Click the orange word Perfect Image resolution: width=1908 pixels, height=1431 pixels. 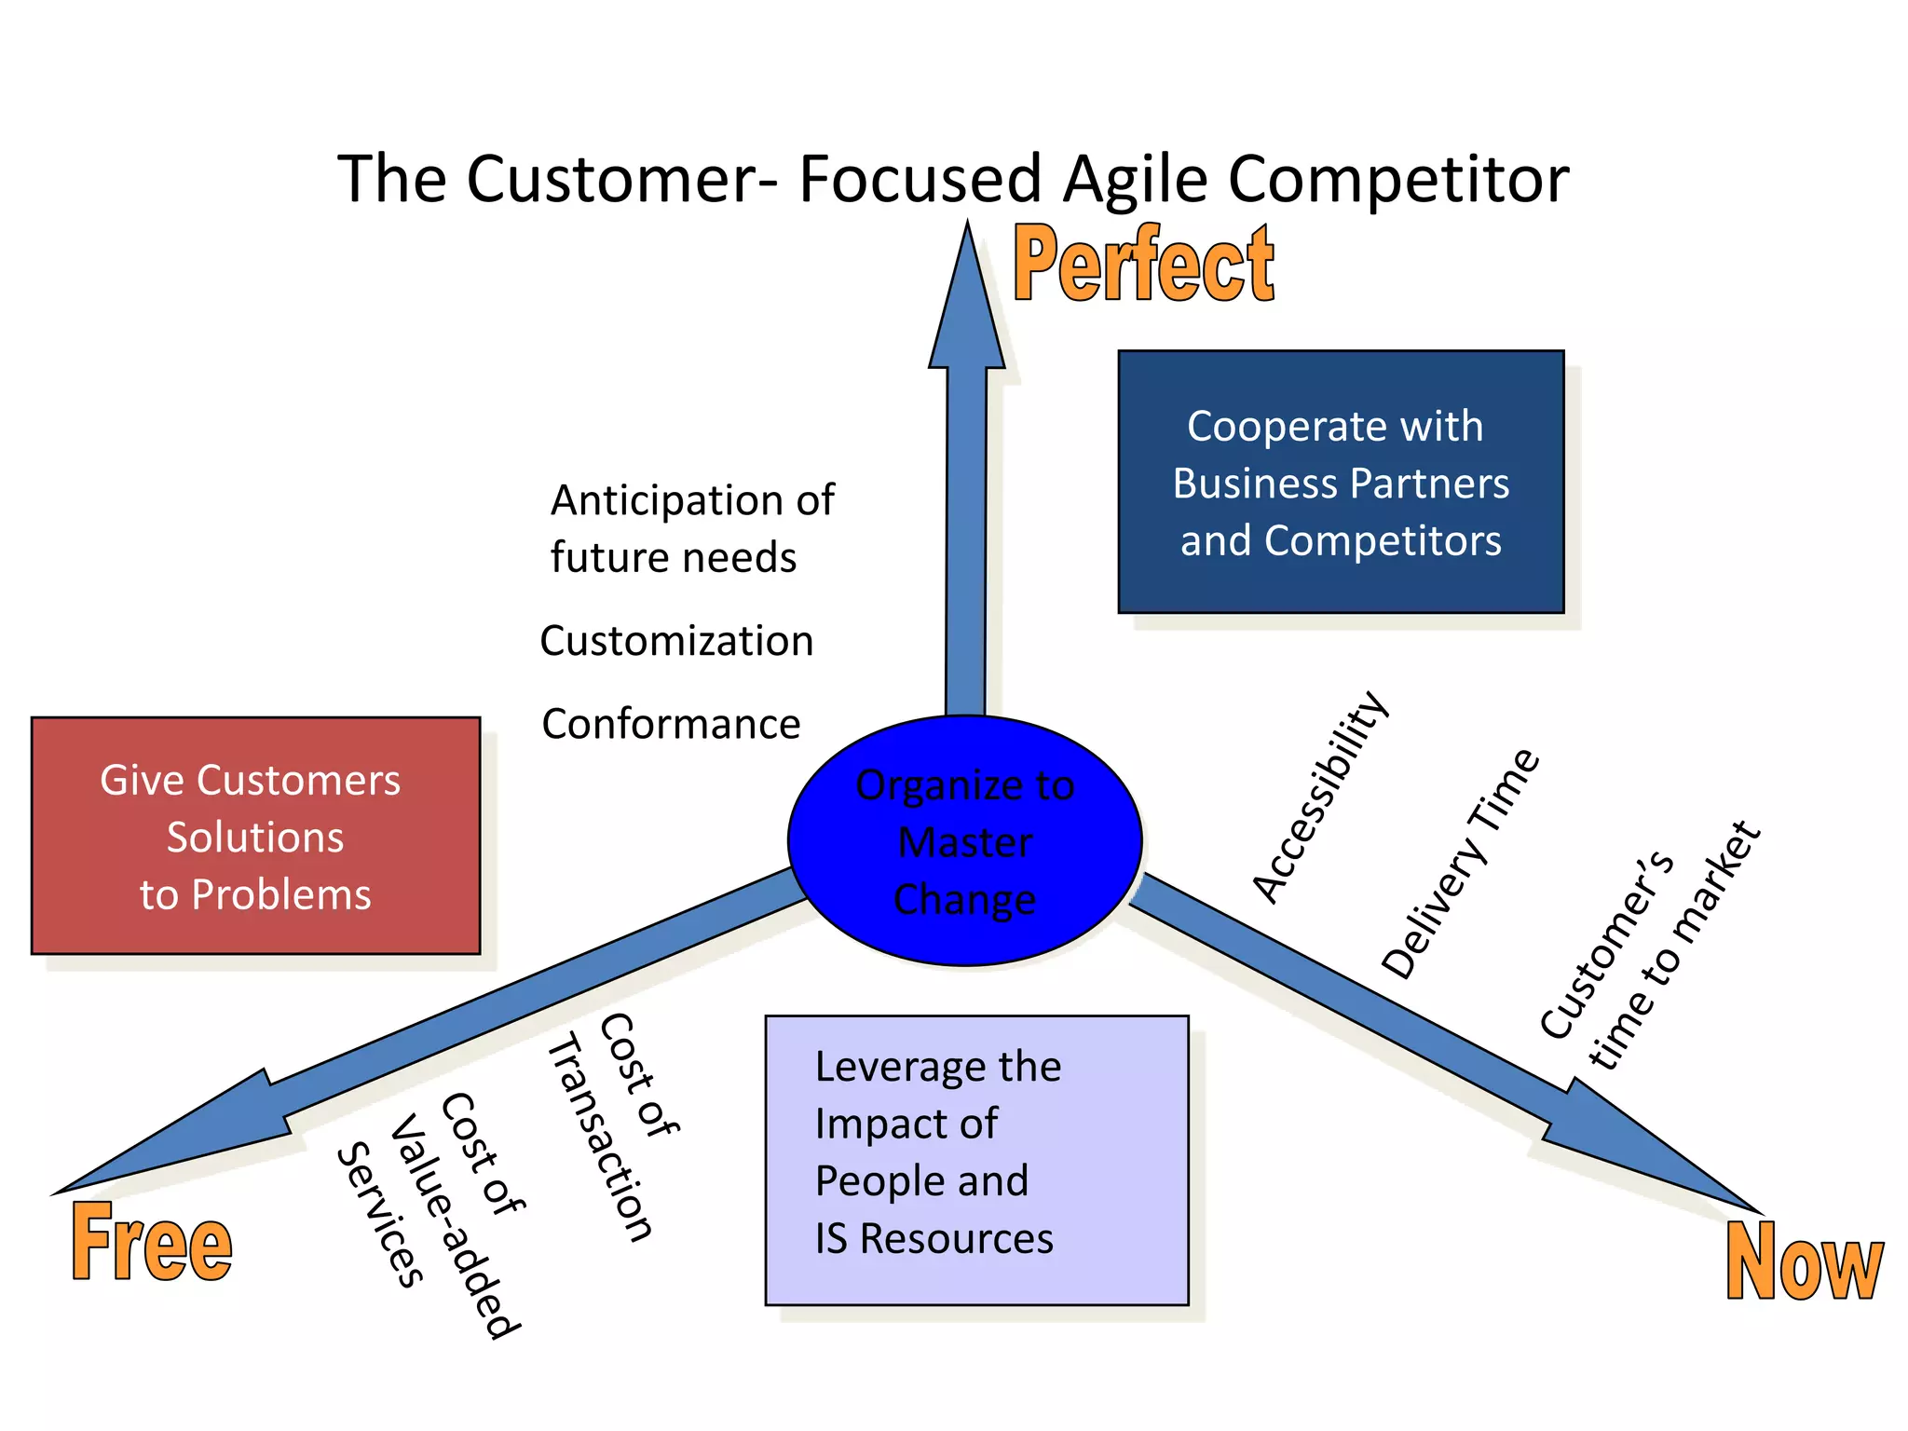pyautogui.click(x=1143, y=266)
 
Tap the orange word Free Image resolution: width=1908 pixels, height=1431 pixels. pyautogui.click(x=152, y=1244)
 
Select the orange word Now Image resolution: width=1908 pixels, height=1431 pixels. pyautogui.click(x=1804, y=1262)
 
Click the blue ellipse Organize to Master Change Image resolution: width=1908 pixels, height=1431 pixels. pyautogui.click(x=965, y=841)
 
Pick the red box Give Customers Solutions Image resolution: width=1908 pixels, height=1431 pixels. pyautogui.click(x=255, y=836)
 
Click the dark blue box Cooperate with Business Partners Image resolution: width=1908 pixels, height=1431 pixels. pyautogui.click(x=1341, y=482)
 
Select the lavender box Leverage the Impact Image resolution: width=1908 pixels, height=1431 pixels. pyautogui.click(x=976, y=1160)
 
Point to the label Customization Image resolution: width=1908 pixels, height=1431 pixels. pyautogui.click(x=676, y=642)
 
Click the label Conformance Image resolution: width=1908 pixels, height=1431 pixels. pyautogui.click(x=671, y=725)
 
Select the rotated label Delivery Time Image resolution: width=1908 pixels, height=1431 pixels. pyautogui.click(x=1460, y=864)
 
